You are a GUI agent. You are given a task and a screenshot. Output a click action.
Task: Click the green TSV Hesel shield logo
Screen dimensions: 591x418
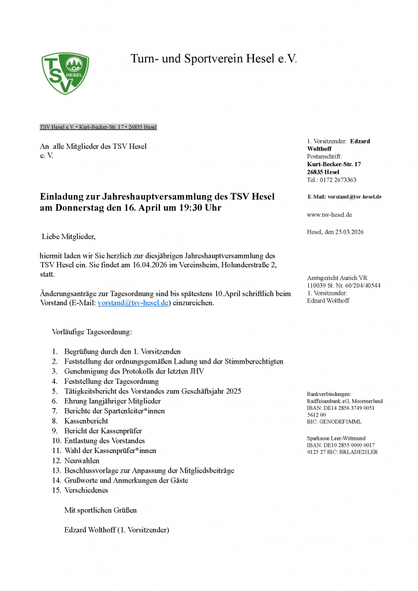pos(65,73)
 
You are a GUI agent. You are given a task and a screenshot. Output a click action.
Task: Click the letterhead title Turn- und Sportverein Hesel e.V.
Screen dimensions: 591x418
pos(214,59)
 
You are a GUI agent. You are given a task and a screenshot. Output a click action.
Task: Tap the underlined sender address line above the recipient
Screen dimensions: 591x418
pos(98,127)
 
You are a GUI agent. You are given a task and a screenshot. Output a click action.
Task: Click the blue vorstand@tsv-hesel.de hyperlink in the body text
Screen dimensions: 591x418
pos(133,303)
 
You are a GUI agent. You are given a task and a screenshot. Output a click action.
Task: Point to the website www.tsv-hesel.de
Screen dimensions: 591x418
pos(330,215)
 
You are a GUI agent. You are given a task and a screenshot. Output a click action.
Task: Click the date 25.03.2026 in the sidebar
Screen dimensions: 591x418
pos(349,232)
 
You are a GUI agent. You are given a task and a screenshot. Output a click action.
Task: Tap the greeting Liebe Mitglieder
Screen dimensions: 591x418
pos(68,237)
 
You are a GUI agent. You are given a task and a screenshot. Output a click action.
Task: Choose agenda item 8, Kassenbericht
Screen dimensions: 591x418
pos(87,421)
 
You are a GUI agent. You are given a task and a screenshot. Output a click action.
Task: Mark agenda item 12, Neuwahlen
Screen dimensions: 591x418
pos(82,461)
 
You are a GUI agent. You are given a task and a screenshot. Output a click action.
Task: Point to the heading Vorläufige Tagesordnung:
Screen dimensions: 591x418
pos(92,332)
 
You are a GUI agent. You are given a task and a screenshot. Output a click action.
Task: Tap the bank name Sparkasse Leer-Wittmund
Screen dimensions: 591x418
pos(336,438)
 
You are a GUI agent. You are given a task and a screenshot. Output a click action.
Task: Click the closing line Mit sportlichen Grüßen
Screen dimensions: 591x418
pos(100,510)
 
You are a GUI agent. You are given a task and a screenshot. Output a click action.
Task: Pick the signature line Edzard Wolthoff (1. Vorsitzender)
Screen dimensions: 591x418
pos(117,530)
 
